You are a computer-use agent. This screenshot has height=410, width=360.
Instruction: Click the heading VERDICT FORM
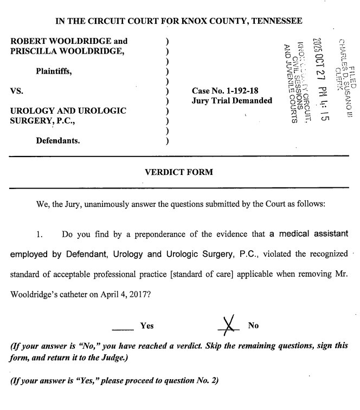179,172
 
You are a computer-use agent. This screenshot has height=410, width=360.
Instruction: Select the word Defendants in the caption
58,141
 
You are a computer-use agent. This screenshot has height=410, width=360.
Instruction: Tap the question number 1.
39,235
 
